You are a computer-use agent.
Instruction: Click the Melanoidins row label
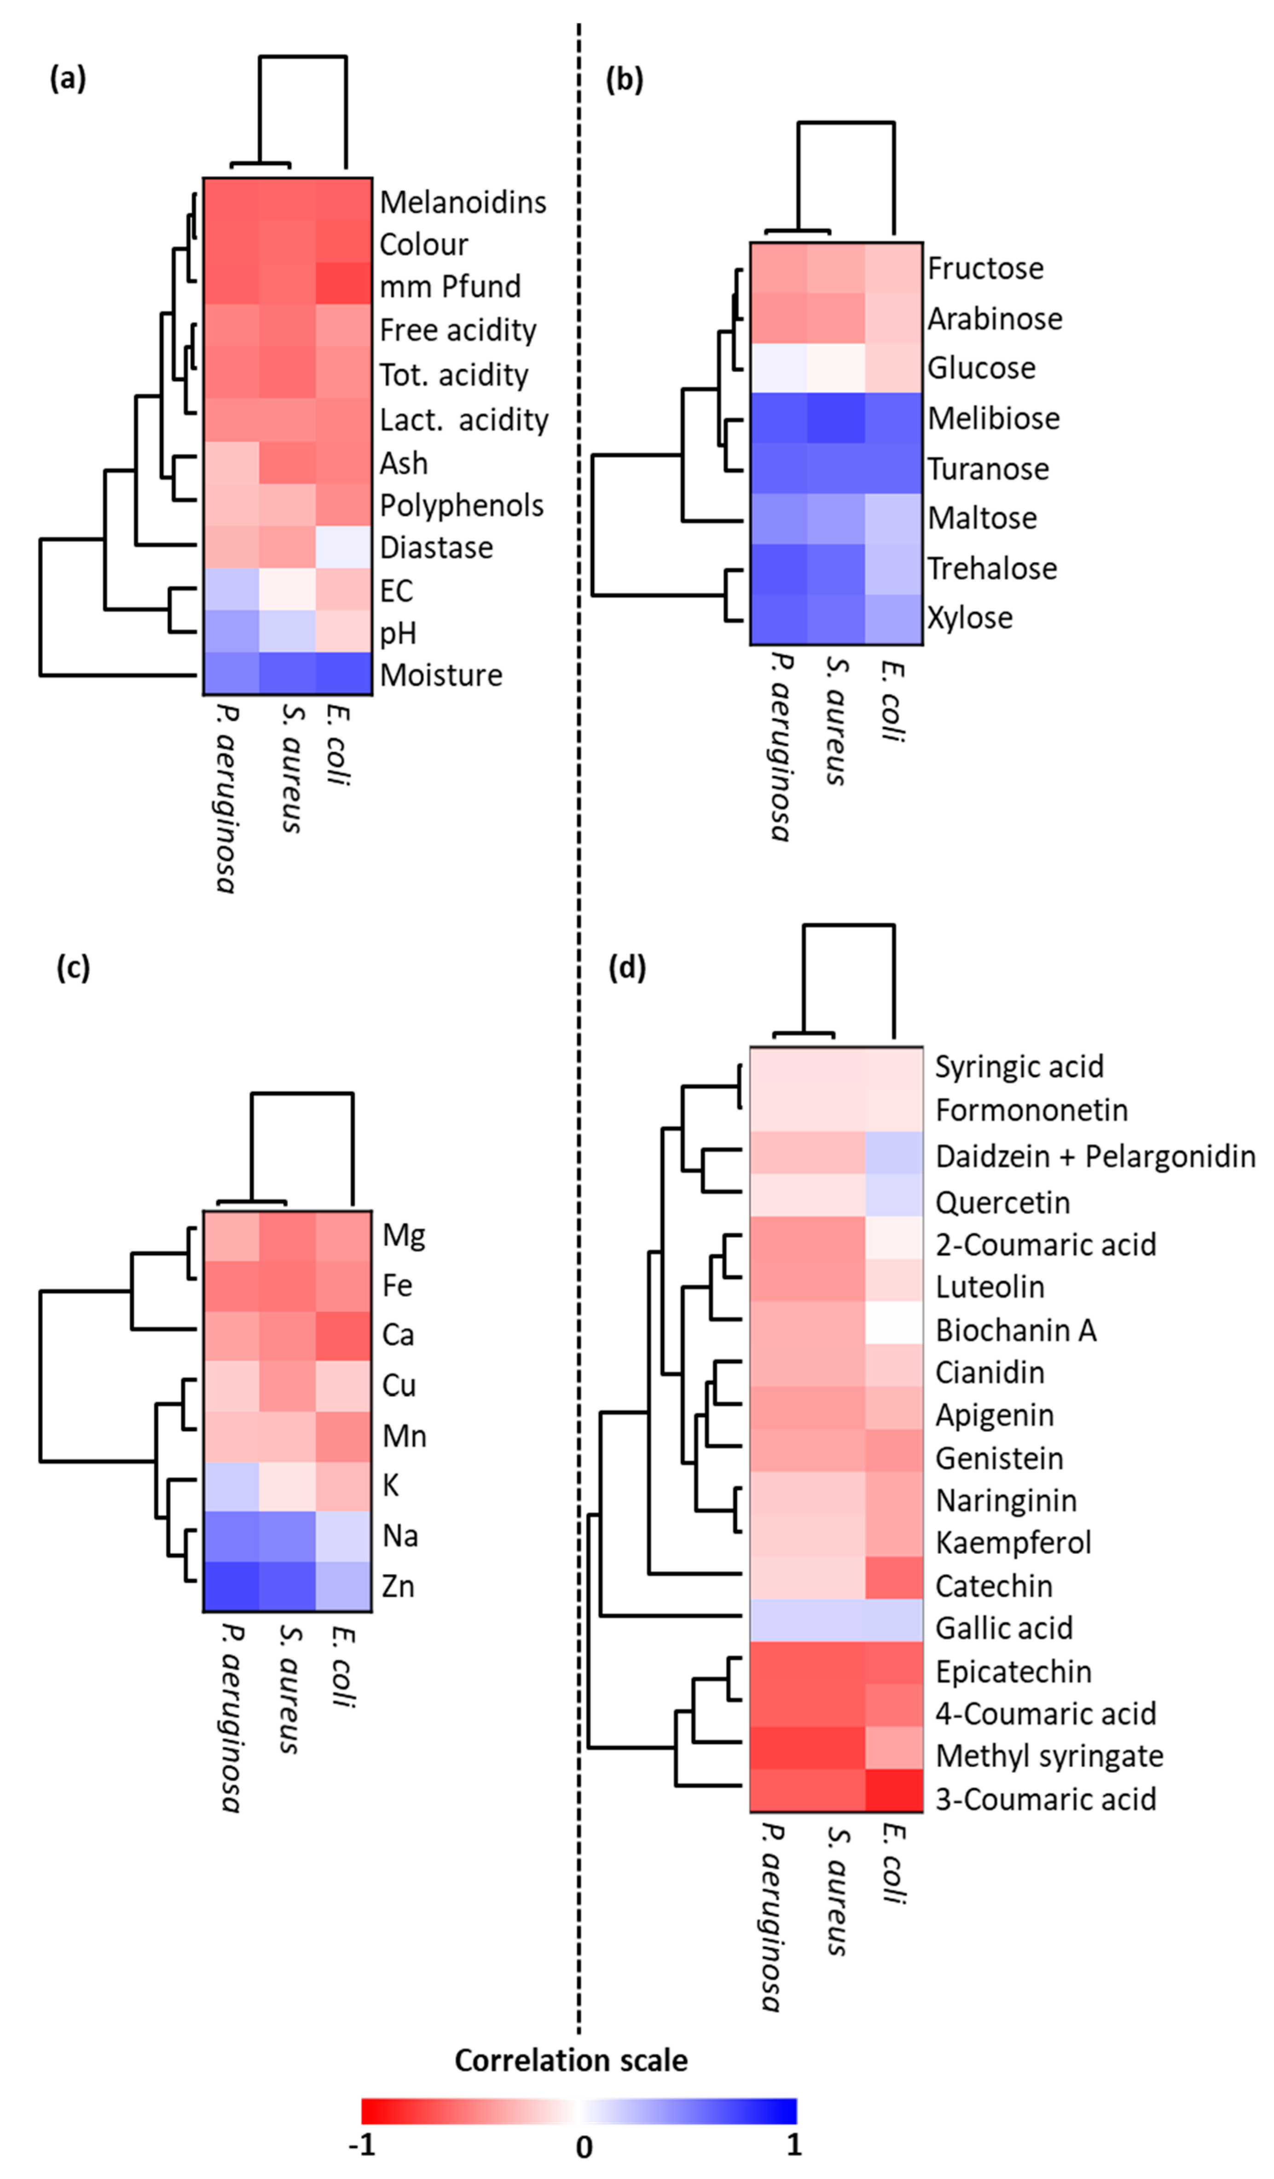click(463, 203)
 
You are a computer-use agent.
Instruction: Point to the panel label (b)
click(625, 80)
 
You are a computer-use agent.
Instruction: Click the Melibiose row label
click(994, 418)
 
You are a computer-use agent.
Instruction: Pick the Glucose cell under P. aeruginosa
click(778, 368)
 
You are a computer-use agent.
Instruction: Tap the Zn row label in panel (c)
click(398, 1587)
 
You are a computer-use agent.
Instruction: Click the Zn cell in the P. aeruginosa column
click(231, 1587)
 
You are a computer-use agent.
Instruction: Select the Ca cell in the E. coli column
click(343, 1335)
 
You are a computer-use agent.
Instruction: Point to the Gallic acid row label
click(1003, 1628)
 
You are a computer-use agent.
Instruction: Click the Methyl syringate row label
click(1049, 1756)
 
